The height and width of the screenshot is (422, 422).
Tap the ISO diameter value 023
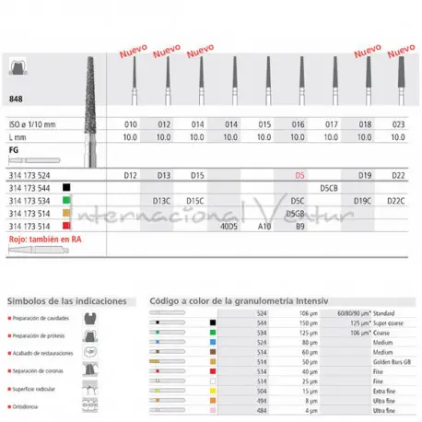tap(400, 123)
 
